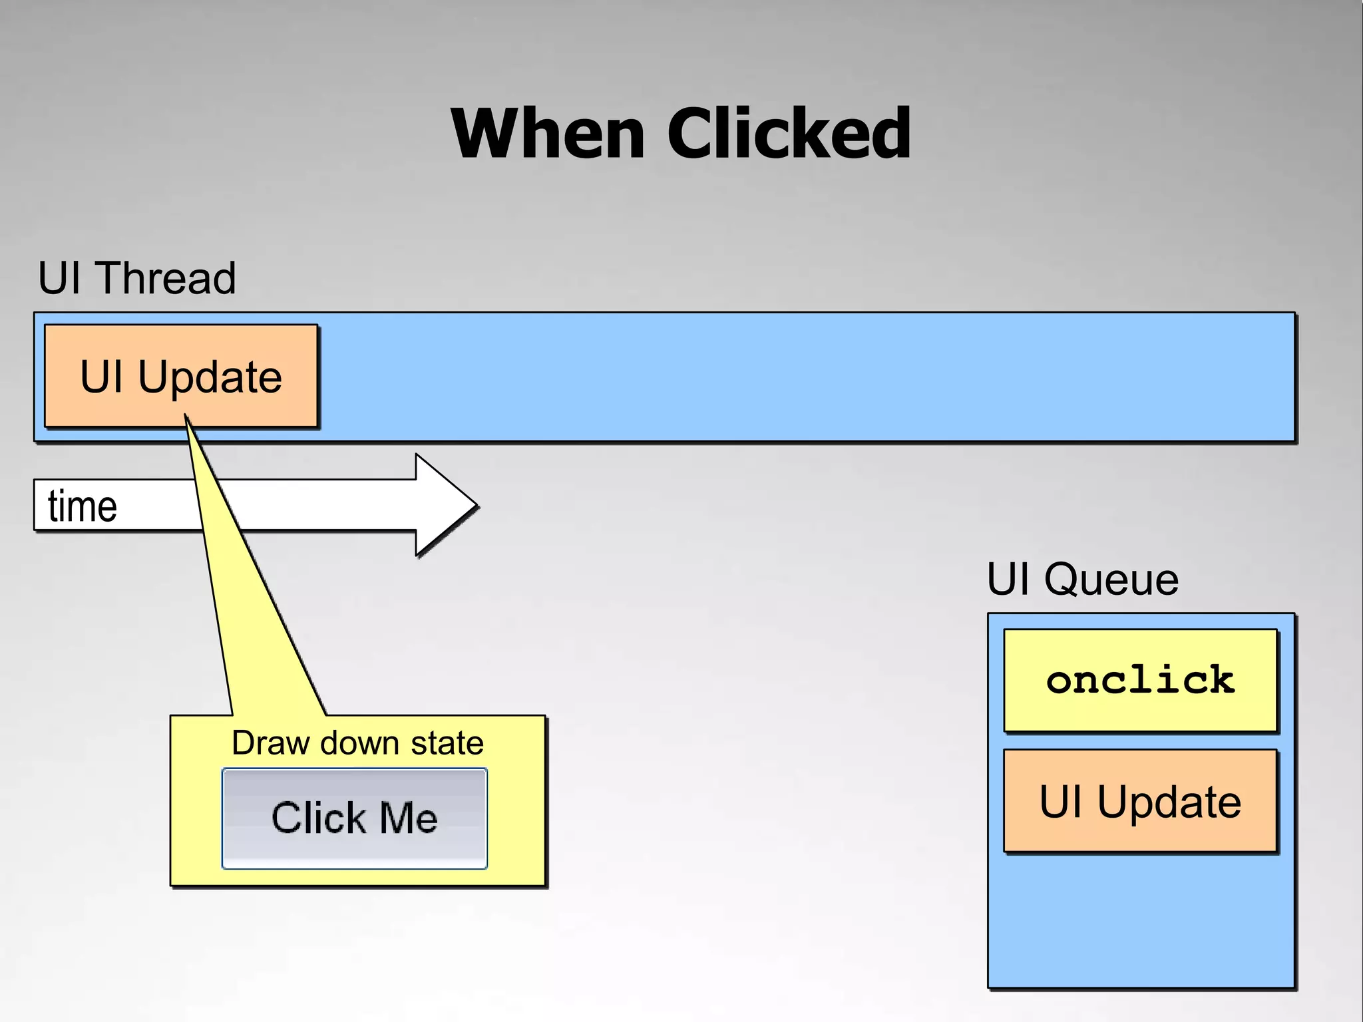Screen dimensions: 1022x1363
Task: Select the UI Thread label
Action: (136, 277)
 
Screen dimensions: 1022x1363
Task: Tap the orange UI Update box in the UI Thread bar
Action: (180, 377)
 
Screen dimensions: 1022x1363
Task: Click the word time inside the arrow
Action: (83, 506)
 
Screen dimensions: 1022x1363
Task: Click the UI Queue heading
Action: (1082, 579)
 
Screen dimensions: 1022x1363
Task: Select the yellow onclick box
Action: (1140, 680)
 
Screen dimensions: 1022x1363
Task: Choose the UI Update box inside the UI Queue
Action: (1140, 801)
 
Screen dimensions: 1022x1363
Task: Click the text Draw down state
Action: (357, 743)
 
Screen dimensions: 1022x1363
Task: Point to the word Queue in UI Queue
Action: (1111, 579)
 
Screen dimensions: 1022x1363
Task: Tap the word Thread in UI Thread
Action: (166, 277)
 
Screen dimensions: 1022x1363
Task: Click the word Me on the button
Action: (408, 818)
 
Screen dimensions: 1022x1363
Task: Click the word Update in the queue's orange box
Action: (1169, 802)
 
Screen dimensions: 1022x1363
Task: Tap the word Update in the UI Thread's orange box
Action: (210, 377)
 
